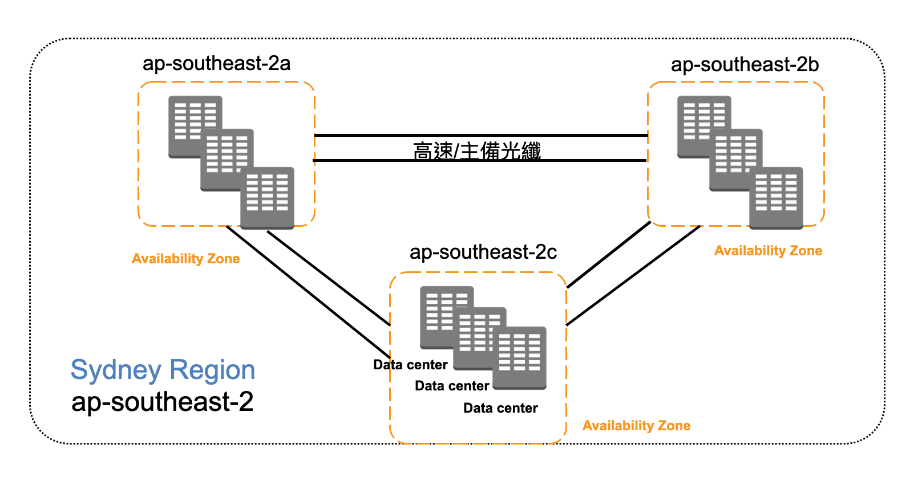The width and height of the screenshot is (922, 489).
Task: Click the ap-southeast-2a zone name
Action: pos(216,63)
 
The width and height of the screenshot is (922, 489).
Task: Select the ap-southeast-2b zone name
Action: pos(745,64)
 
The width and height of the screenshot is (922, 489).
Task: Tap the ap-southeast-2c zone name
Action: pos(483,252)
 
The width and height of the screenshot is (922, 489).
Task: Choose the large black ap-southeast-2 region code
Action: pos(162,402)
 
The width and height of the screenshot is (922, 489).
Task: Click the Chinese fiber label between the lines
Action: pos(476,151)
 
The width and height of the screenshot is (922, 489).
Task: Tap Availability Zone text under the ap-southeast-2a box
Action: pos(185,259)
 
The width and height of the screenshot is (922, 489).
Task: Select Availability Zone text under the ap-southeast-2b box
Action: pos(768,251)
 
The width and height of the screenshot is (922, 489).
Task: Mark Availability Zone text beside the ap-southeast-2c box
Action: pos(636,426)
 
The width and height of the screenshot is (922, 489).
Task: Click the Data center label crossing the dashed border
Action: pos(410,365)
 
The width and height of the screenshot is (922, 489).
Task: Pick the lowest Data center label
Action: pos(500,408)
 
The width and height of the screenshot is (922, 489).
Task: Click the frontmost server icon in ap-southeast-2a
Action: pos(267,198)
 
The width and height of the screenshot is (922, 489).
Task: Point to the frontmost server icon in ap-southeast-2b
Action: pos(776,198)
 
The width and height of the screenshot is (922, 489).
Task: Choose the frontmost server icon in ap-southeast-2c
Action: pos(519,357)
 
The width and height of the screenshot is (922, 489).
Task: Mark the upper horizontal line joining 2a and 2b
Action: pos(480,136)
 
